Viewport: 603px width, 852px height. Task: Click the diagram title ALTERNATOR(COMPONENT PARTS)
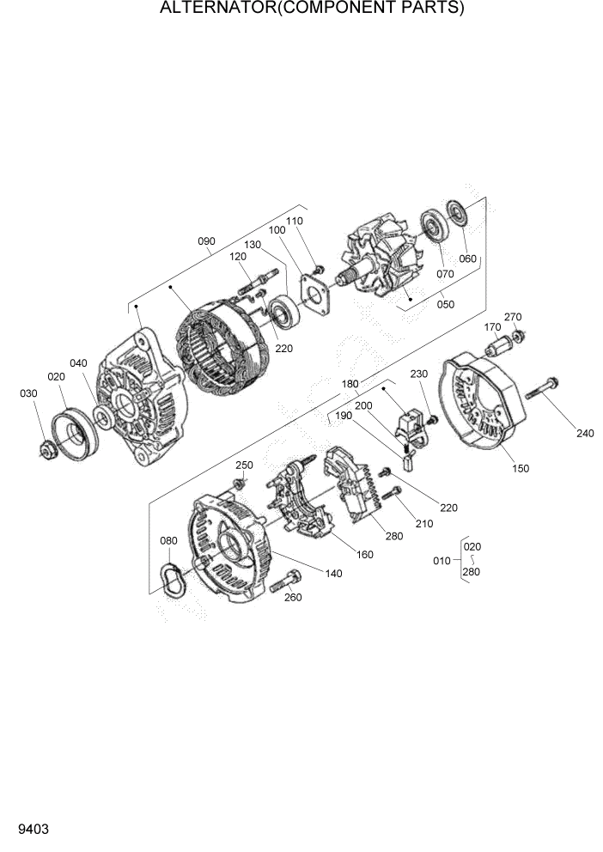[312, 9]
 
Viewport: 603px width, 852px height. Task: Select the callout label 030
[30, 393]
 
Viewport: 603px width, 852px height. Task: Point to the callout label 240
[584, 433]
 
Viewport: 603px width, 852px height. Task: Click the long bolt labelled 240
[539, 389]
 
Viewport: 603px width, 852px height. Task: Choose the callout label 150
[521, 468]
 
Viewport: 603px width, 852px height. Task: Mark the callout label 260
[293, 598]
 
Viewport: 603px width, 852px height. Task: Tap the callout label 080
[168, 540]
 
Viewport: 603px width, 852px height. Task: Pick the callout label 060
[467, 259]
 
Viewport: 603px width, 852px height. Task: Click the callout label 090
[206, 241]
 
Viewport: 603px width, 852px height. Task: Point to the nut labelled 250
[240, 484]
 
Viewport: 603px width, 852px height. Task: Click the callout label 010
[442, 560]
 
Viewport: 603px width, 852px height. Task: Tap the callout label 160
[364, 554]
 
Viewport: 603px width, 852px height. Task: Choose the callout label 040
[78, 363]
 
